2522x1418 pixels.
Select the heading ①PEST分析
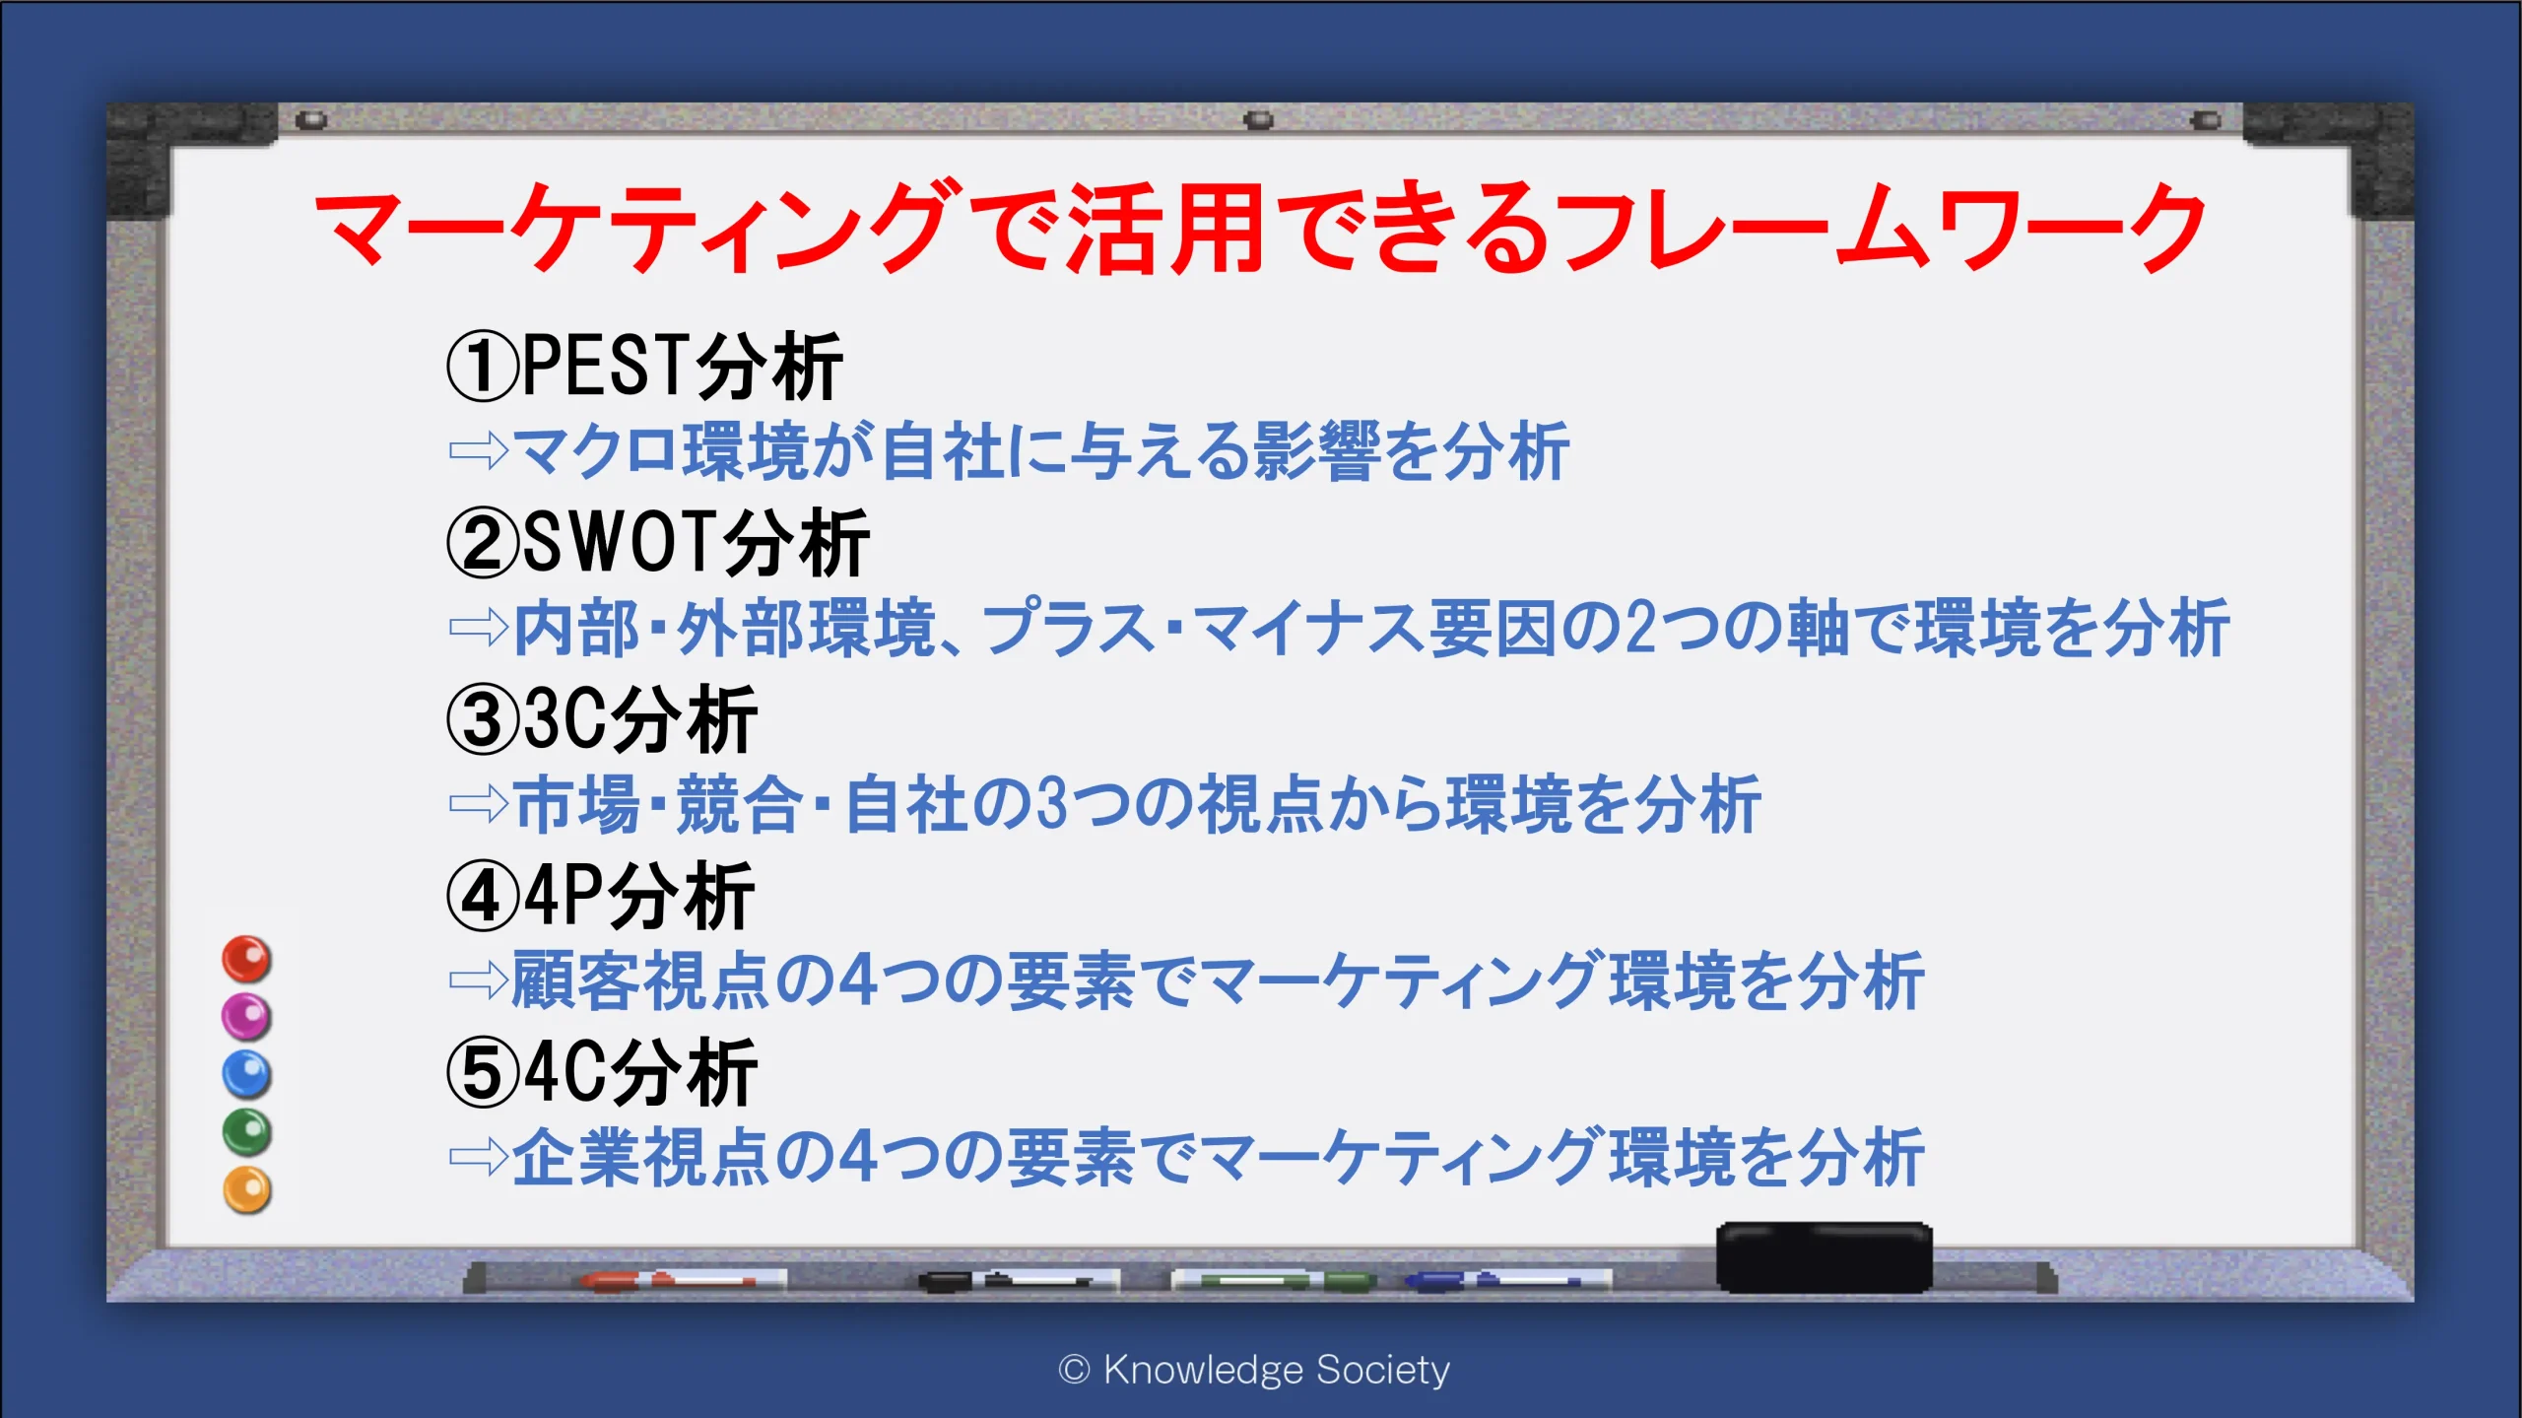point(645,366)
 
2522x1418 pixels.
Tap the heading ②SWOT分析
point(658,542)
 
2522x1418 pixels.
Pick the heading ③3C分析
point(602,719)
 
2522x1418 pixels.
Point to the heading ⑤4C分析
point(602,1072)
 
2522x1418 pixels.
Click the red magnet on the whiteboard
point(246,959)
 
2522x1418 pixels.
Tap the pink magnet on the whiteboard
point(246,1016)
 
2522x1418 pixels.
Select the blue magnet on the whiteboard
point(246,1074)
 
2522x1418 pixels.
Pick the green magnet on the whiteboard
point(246,1132)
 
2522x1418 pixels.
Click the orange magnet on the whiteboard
point(246,1190)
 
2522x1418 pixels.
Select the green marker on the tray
point(1273,1280)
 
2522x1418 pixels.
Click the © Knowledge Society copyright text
point(1254,1370)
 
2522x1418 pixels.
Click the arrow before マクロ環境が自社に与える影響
point(478,451)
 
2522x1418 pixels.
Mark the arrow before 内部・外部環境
point(478,627)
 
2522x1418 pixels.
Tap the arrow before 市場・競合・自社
point(478,804)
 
